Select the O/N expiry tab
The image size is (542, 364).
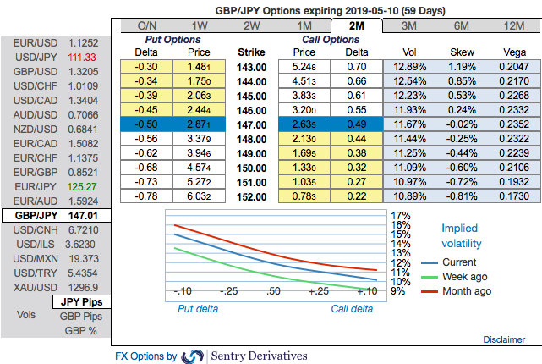[x=146, y=26]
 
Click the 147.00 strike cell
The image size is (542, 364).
[x=252, y=124]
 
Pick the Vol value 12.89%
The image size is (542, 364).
[x=408, y=65]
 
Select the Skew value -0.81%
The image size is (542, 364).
[x=460, y=196]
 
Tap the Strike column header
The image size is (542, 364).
[x=252, y=51]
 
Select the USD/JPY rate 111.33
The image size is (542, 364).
[x=84, y=56]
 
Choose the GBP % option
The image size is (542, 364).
[x=80, y=329]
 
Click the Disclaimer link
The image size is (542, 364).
[x=504, y=339]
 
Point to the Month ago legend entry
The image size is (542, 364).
[x=466, y=291]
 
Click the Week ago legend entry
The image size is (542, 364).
[x=464, y=277]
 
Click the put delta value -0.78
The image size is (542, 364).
[x=146, y=196]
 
